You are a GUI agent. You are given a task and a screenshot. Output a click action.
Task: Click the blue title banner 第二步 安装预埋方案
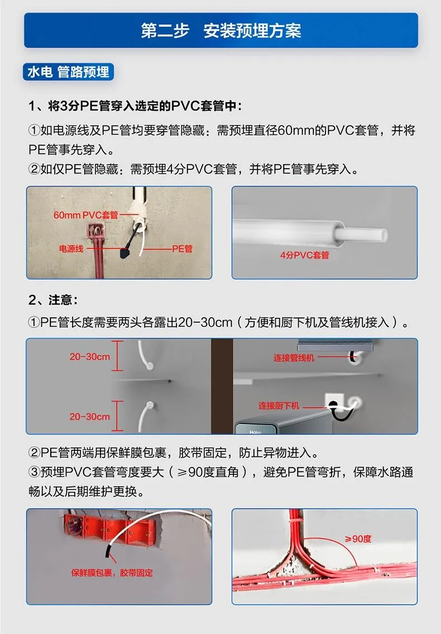click(220, 30)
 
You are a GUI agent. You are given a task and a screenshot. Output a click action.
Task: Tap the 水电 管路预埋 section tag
click(68, 72)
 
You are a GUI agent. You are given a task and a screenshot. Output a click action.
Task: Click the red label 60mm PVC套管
click(86, 215)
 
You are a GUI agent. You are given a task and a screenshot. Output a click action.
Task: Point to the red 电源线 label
click(71, 249)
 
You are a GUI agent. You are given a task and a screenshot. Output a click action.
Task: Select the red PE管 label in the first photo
click(183, 249)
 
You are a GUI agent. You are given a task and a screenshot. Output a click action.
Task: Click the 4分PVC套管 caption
click(304, 255)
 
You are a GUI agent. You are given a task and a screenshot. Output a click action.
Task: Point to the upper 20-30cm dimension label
click(89, 356)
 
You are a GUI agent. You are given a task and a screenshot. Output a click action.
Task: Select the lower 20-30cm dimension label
click(89, 417)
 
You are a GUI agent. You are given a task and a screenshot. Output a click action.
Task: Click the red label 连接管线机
click(294, 357)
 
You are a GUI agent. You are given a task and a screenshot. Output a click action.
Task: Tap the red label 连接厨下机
click(279, 406)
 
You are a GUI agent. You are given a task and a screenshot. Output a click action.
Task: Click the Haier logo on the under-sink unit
click(256, 432)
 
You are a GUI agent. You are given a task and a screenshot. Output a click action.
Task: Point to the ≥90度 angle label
click(358, 539)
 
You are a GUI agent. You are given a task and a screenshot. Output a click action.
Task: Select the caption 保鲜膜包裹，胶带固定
click(112, 573)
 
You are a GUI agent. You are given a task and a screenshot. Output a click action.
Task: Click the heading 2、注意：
click(53, 299)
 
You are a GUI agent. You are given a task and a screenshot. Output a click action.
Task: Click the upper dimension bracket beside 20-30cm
click(117, 356)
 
